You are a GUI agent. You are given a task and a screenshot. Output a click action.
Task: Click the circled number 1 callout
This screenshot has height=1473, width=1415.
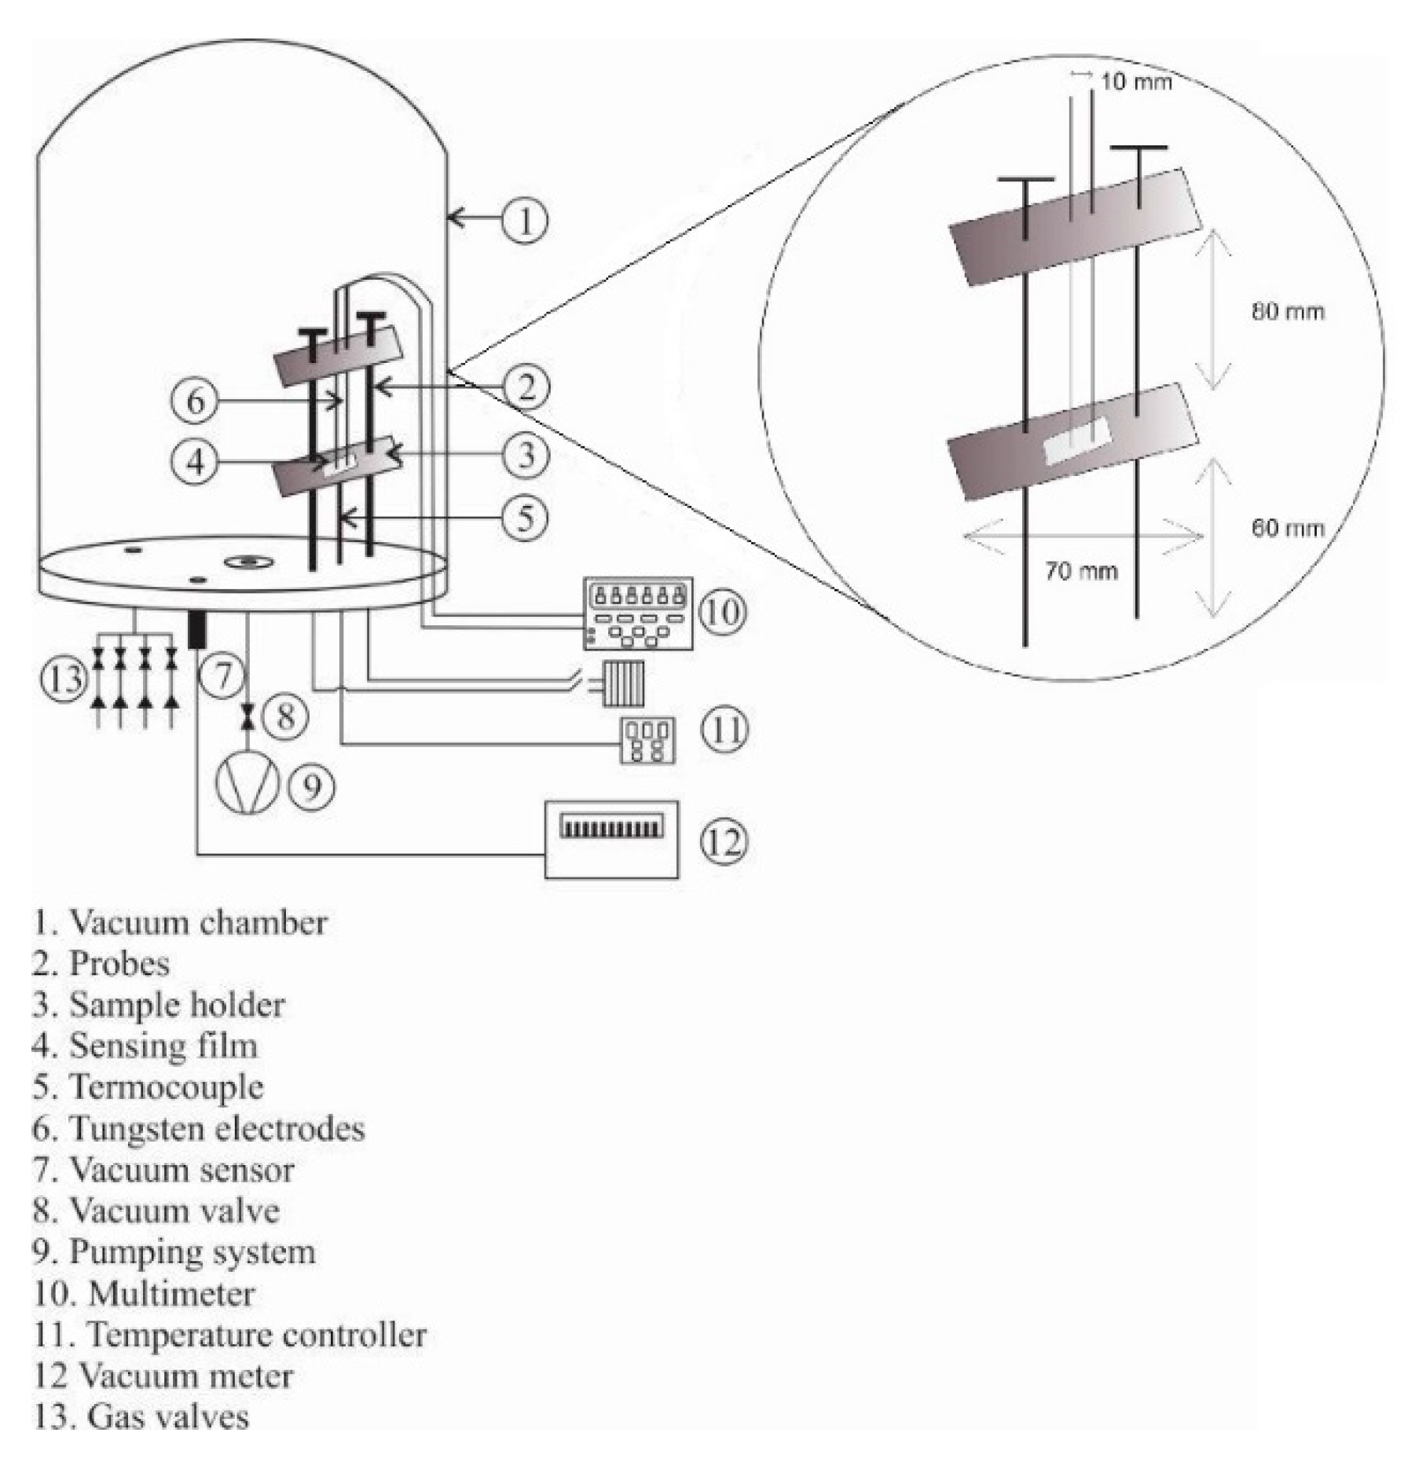click(525, 220)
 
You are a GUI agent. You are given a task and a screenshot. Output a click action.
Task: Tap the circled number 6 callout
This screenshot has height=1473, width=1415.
click(194, 401)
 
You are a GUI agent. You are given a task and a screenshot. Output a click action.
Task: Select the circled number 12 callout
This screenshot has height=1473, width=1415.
click(724, 841)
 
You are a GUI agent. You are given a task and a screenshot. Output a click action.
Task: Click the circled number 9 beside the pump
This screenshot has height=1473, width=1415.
click(313, 786)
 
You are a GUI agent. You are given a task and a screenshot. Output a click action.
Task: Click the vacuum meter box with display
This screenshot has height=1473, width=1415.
click(611, 838)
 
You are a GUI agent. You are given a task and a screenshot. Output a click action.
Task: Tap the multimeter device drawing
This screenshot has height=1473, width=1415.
click(638, 614)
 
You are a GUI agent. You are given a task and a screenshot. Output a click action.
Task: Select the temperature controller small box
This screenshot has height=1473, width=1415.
click(647, 740)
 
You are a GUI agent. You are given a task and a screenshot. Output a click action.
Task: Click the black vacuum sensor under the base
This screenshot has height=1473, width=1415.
click(196, 630)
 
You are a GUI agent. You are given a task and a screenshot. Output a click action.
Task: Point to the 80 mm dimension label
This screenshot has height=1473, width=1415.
click(1287, 312)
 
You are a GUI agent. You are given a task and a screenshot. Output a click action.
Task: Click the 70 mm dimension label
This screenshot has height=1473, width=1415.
click(1081, 571)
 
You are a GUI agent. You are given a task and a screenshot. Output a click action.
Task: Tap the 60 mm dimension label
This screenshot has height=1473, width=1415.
click(1287, 528)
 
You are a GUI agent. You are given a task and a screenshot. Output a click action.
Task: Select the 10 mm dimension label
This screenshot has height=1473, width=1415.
click(1135, 82)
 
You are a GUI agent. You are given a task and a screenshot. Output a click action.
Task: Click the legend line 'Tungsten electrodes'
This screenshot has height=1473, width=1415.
click(200, 1129)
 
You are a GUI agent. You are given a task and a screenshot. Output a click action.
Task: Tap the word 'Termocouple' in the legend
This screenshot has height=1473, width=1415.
click(167, 1087)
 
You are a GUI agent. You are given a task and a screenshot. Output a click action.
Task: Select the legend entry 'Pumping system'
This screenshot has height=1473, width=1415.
click(174, 1251)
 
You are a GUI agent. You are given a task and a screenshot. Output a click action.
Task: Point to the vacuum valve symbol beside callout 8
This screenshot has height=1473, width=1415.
click(248, 716)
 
